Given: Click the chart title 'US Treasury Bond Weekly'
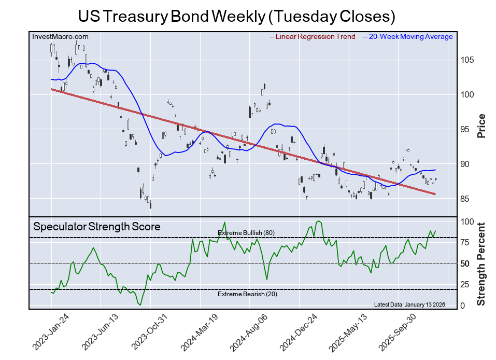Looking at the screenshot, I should click(236, 16).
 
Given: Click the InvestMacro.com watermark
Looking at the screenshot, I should click(60, 37).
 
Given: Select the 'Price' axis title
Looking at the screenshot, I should click(481, 126).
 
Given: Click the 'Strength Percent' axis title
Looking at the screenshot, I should click(481, 264).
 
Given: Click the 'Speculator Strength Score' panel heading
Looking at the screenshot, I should click(97, 227).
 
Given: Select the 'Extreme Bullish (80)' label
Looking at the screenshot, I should click(246, 233).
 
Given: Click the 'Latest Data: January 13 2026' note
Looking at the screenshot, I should click(409, 304).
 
